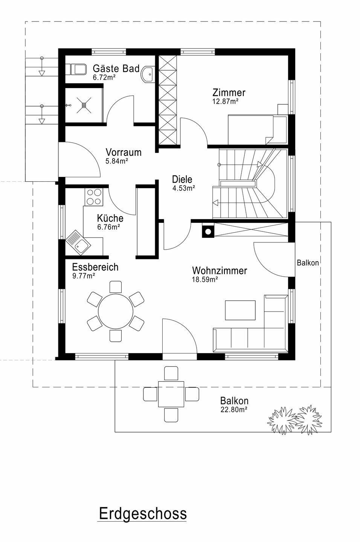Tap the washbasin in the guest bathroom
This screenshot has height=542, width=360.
click(148, 74)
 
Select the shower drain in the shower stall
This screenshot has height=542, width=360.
click(84, 105)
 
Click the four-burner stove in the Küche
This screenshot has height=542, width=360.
click(94, 197)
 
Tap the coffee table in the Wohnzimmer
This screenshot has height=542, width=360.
click(240, 310)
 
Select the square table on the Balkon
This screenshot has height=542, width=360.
click(171, 394)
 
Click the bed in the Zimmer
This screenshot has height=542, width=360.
click(257, 130)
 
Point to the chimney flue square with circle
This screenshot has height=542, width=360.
click(208, 231)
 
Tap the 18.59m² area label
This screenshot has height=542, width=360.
click(205, 280)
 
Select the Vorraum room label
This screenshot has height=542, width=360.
click(124, 152)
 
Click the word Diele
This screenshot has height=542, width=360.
click(182, 180)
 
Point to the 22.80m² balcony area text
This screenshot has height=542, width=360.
click(234, 410)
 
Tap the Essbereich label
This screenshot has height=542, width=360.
click(95, 267)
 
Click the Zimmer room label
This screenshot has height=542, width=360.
click(229, 93)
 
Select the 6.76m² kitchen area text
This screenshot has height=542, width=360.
click(109, 227)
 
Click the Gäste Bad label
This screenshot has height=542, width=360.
click(116, 69)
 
